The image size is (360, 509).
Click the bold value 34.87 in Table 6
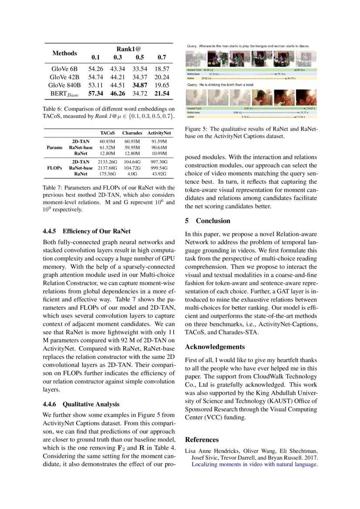pos(140,85)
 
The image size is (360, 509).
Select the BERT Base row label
pos(64,94)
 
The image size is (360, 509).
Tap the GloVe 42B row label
pos(64,77)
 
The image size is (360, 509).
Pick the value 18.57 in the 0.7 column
pos(162,69)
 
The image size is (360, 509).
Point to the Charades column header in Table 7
pos(132,133)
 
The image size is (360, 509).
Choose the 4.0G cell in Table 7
pos(132,174)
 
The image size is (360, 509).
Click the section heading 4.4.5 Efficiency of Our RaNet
pos(87,231)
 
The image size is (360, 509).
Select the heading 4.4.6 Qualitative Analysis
pos(81,405)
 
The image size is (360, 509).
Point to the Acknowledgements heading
pos(215,347)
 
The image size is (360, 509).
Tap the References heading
pos(202,440)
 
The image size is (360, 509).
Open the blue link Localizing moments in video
pos(255,465)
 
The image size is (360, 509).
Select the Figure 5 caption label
pos(196,129)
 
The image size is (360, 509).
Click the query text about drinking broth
pos(220,84)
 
